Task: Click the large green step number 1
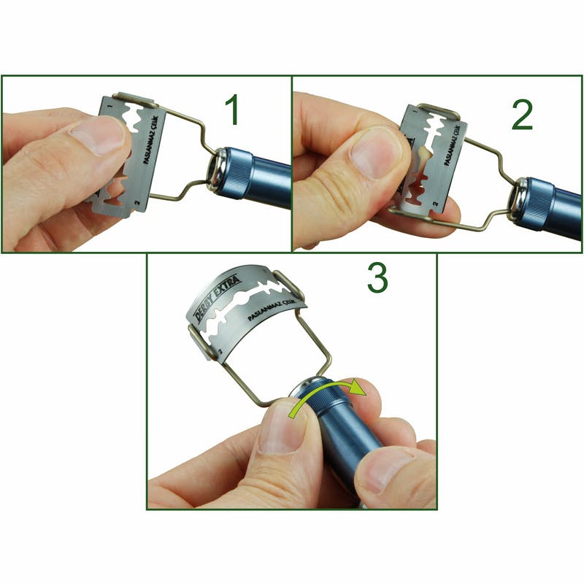coord(231,110)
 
